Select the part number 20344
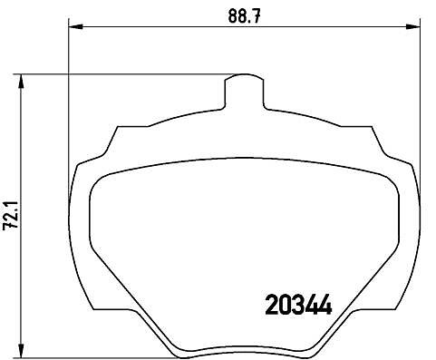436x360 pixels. click(x=298, y=305)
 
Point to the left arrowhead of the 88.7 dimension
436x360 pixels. click(x=76, y=27)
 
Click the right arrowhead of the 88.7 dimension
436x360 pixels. click(x=413, y=27)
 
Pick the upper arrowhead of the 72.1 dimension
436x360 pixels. click(x=21, y=81)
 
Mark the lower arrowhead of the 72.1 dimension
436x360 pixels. click(x=21, y=351)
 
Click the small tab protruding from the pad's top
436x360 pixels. click(x=244, y=91)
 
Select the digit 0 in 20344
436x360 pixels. click(x=285, y=305)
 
